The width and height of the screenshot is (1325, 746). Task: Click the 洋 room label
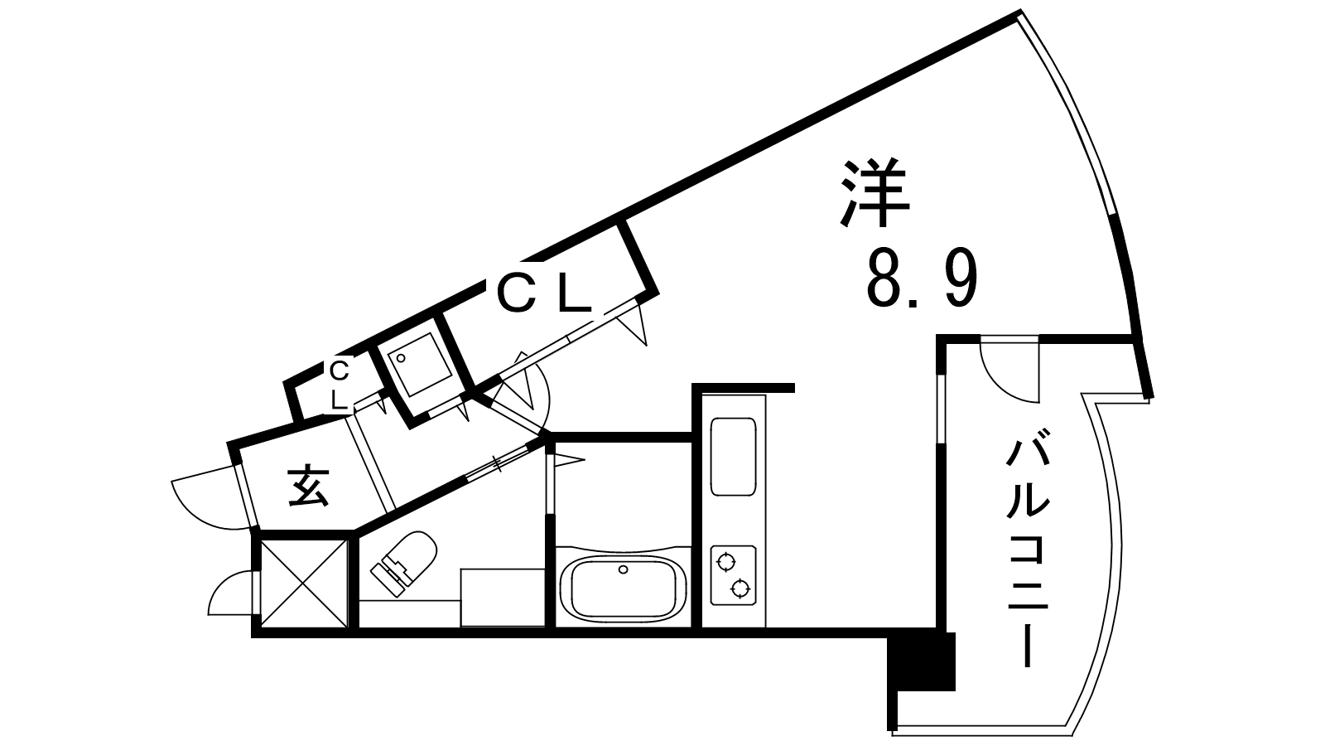coord(874,193)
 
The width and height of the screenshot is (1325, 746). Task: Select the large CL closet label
coord(544,293)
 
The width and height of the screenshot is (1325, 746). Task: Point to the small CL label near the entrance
coord(339,385)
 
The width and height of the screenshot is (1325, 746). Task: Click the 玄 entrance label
coord(309,487)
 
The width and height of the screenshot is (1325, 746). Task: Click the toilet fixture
coord(403,563)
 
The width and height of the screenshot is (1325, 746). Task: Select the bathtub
coord(622,586)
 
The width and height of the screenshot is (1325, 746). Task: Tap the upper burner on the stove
coord(725,561)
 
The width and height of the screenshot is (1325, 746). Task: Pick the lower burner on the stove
coord(740,589)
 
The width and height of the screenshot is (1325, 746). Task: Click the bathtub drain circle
coord(622,569)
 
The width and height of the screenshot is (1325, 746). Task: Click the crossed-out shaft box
coord(303,583)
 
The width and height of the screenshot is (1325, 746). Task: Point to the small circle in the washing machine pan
coord(401,358)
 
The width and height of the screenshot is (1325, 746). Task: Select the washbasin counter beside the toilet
coord(503,598)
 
